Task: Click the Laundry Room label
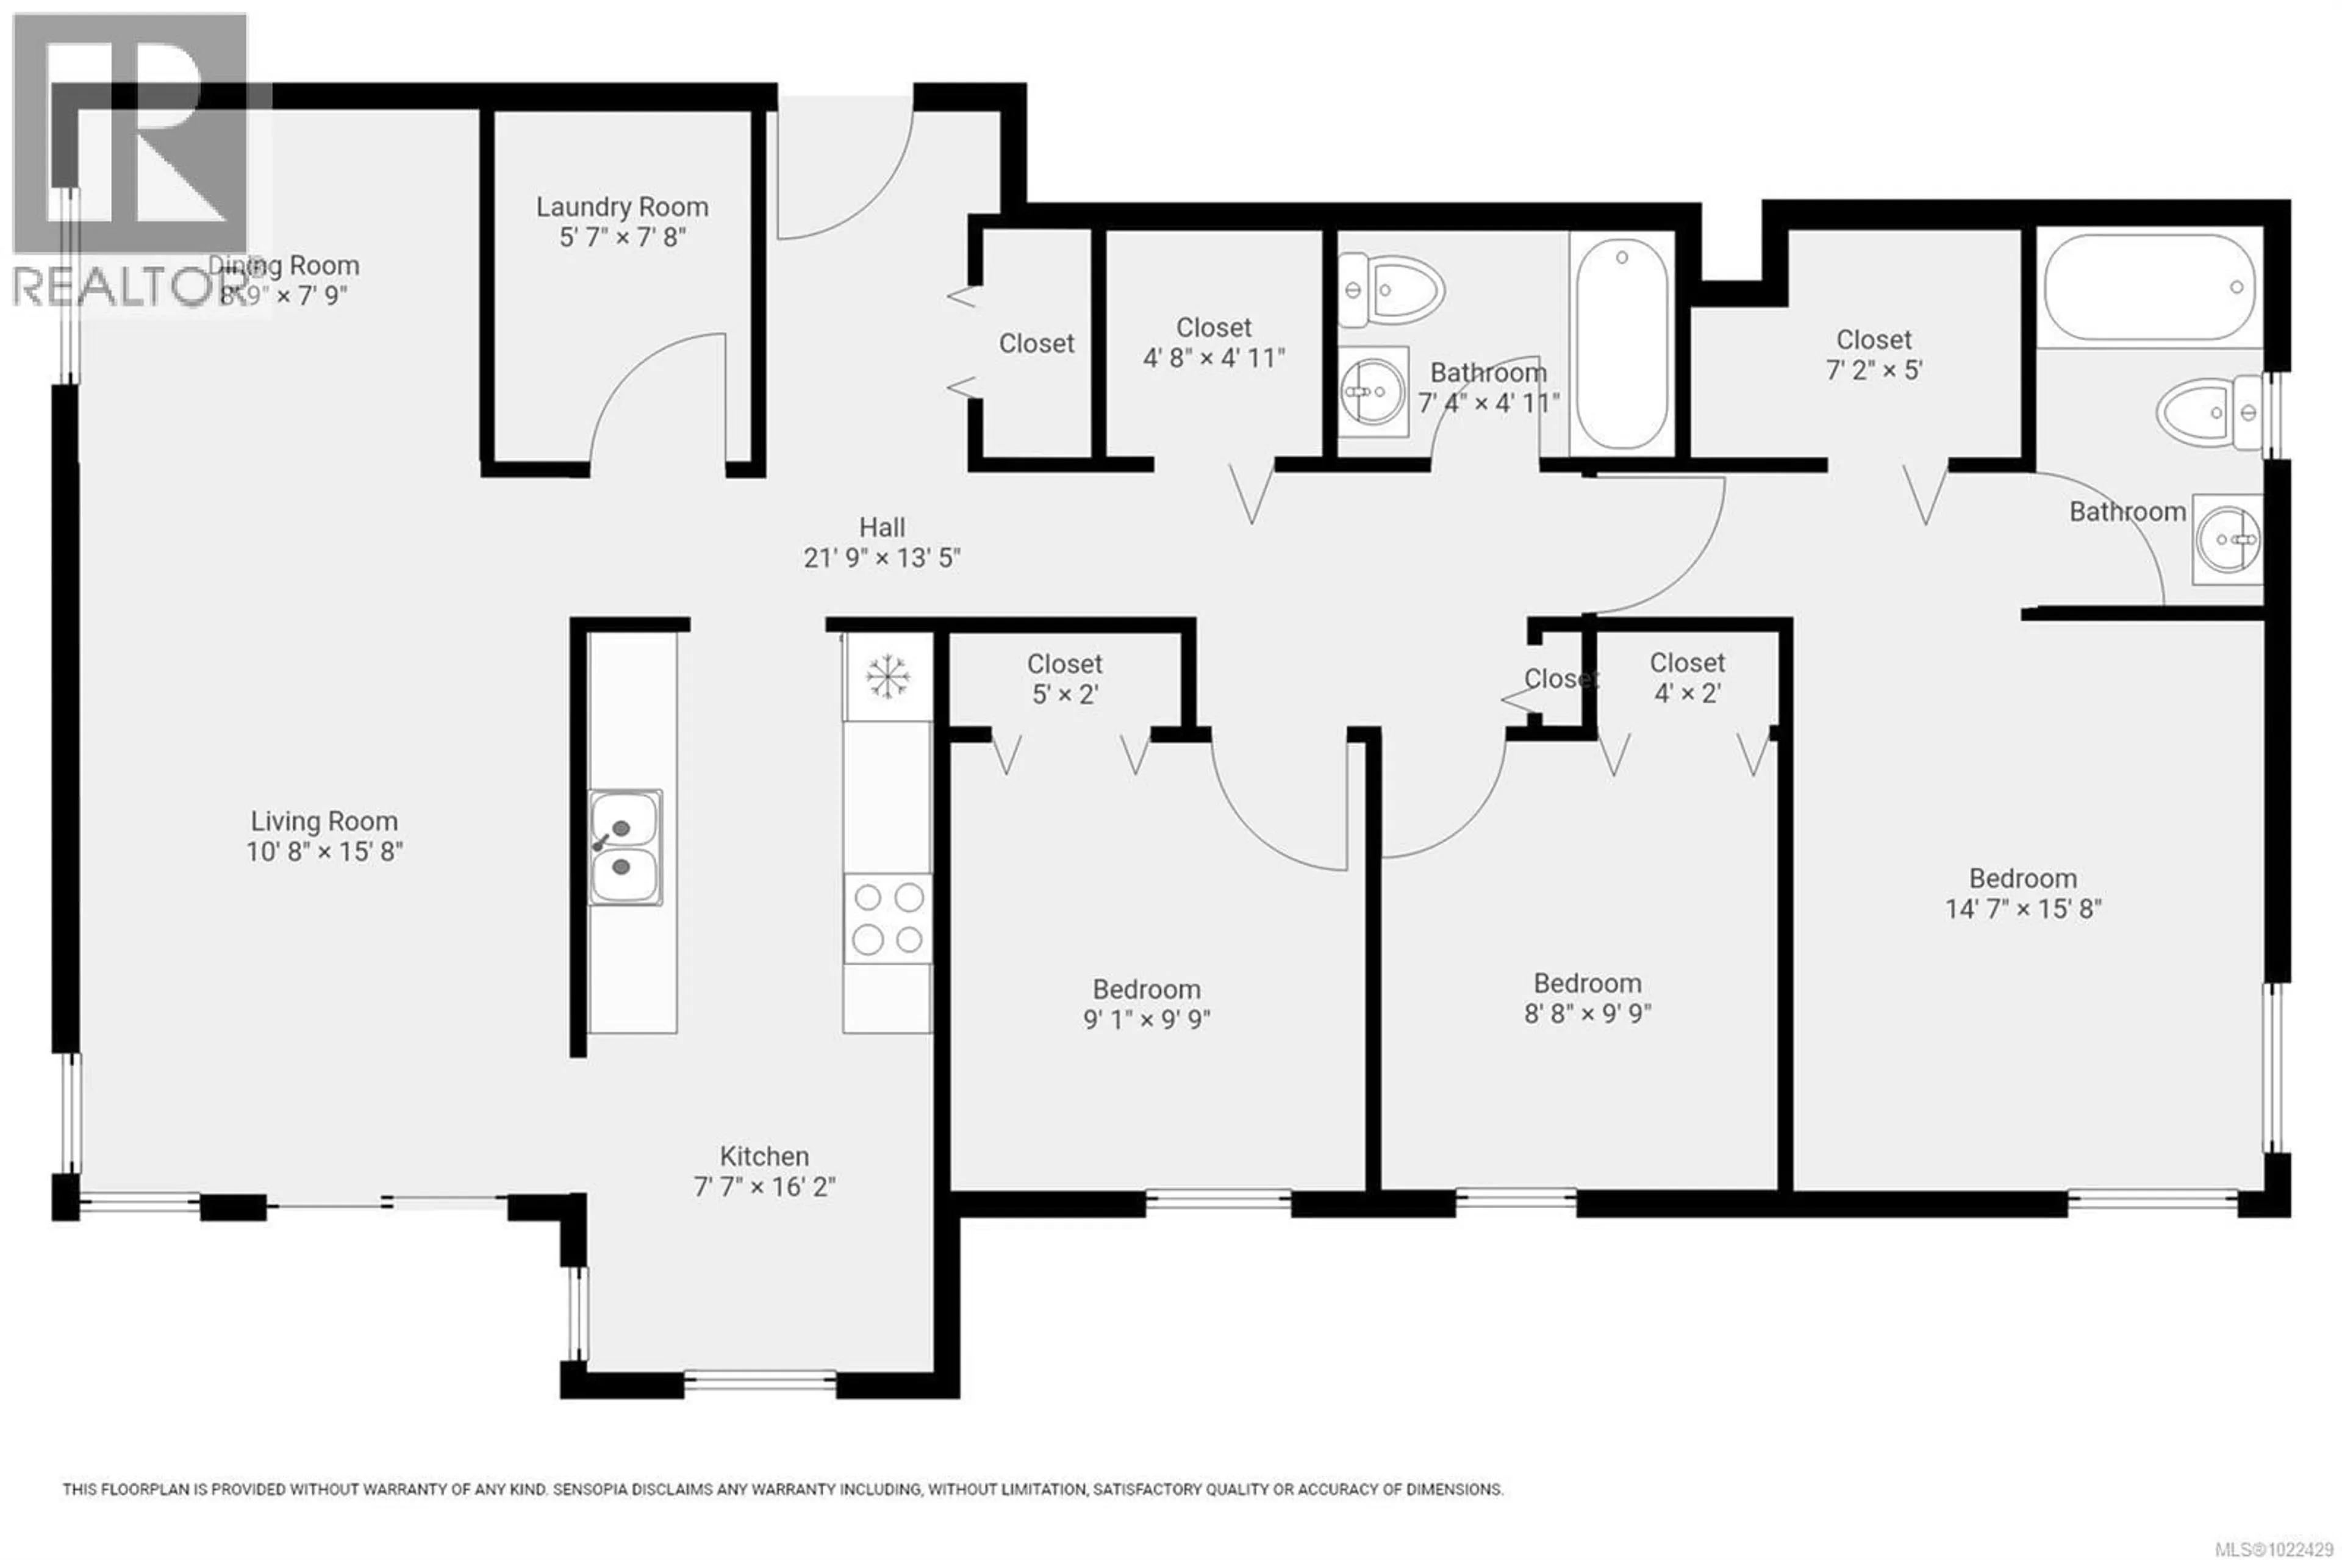tap(622, 207)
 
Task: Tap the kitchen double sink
tap(625, 846)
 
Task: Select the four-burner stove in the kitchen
tap(887, 918)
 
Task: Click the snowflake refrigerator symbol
tap(887, 676)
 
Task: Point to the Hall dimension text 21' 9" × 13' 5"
tap(881, 558)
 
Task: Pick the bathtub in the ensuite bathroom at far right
tap(2150, 287)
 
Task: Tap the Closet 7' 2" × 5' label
tap(1874, 354)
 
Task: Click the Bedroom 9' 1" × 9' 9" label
tap(1146, 1004)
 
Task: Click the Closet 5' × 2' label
tap(1064, 679)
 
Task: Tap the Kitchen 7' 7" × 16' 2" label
tap(764, 1171)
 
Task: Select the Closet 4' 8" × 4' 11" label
tap(1213, 342)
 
